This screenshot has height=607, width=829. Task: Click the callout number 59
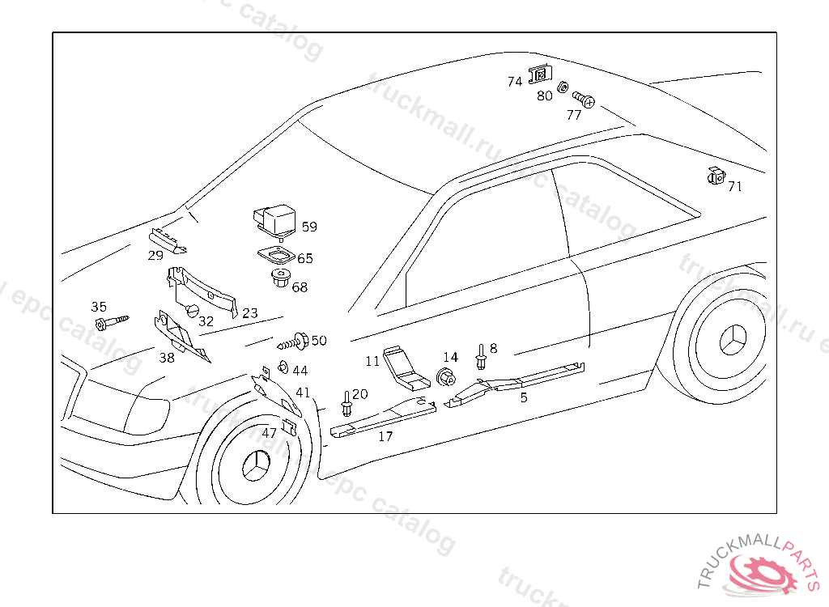309,227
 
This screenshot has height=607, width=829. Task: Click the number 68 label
300,287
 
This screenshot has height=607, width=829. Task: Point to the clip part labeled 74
538,75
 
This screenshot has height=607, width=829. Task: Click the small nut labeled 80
561,85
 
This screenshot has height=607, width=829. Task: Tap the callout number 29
155,256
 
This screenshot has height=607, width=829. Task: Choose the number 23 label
249,312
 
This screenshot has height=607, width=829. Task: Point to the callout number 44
300,371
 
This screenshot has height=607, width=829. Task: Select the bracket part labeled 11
404,368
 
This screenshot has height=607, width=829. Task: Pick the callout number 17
386,436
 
